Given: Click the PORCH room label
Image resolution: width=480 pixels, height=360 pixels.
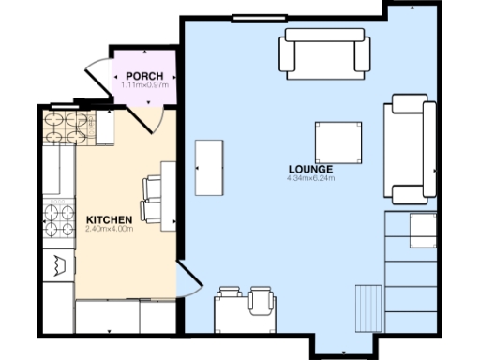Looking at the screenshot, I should click(144, 76).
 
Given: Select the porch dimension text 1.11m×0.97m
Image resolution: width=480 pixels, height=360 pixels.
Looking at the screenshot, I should click(144, 85).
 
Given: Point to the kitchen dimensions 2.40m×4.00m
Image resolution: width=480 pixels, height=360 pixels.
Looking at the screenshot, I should click(109, 228).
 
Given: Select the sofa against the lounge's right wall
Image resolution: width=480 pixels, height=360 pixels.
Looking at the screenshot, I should click(411, 149).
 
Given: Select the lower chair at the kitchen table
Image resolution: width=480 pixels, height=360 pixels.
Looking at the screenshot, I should click(152, 214).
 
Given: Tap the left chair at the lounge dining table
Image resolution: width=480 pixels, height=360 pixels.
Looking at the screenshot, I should click(229, 300).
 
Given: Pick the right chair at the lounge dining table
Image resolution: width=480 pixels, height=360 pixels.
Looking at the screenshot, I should click(262, 300).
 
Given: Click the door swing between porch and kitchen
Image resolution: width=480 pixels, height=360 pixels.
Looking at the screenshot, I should click(150, 116).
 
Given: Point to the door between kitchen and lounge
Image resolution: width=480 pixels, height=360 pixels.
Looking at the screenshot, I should click(188, 278).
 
